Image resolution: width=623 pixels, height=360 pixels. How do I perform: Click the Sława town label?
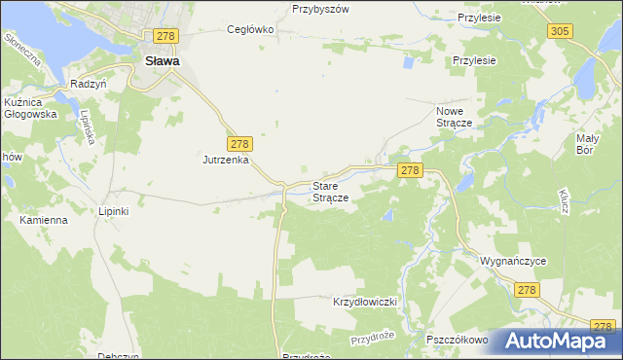(162, 60)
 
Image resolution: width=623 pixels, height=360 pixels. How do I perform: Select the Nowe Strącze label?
(454, 118)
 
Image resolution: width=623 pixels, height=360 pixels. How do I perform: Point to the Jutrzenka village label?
(227, 159)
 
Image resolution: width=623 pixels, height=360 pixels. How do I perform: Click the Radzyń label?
(88, 85)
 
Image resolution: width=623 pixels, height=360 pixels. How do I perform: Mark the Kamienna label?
(44, 220)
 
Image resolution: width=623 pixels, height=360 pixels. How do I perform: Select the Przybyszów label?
(320, 9)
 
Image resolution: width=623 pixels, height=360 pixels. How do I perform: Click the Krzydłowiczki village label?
(367, 302)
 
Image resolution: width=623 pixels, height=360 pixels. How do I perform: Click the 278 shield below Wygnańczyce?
(528, 290)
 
